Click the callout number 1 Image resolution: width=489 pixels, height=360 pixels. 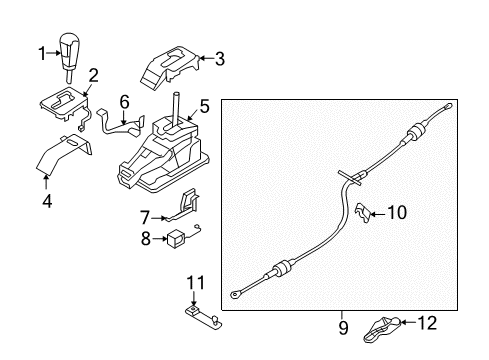tap(42, 53)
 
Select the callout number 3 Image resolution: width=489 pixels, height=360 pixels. tap(220, 59)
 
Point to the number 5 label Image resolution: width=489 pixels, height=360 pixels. tap(204, 106)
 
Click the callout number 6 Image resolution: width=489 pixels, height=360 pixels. tap(124, 102)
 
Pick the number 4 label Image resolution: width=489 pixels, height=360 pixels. tap(47, 201)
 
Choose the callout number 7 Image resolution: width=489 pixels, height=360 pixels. tap(145, 218)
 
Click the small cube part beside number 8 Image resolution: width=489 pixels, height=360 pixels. tap(176, 239)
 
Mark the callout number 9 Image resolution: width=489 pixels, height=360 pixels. tap(343, 328)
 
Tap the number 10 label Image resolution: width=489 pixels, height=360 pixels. tap(397, 212)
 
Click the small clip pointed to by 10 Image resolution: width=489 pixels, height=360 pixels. tap(362, 212)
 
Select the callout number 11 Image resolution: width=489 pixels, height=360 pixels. tap(195, 283)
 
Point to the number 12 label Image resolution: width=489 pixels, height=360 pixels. tap(427, 323)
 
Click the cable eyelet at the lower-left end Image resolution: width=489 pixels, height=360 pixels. tap(235, 294)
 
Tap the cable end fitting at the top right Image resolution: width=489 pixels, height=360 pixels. tap(447, 107)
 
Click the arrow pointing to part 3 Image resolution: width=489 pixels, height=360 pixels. tap(206, 59)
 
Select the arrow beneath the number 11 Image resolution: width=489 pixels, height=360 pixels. tap(193, 298)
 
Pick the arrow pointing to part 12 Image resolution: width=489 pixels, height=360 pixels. tap(408, 322)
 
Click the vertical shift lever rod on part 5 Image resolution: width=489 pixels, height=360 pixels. tap(176, 110)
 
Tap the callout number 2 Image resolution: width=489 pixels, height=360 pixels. tap(94, 75)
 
